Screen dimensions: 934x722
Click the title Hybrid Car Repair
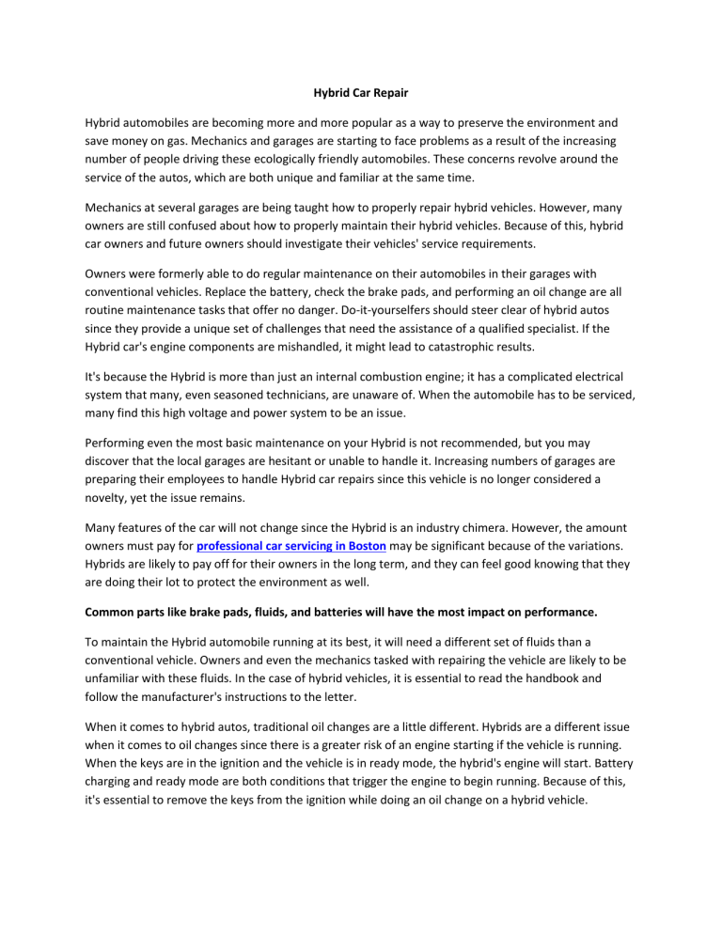click(360, 95)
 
